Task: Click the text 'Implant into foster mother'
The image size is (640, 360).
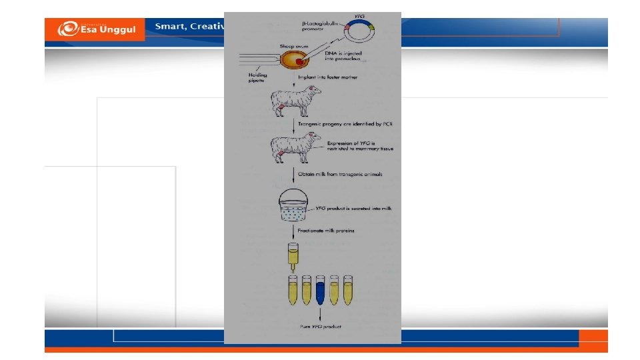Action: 332,78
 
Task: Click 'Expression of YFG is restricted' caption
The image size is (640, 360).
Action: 359,146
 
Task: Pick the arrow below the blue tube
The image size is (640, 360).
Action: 321,313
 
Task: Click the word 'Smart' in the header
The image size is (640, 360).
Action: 169,26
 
